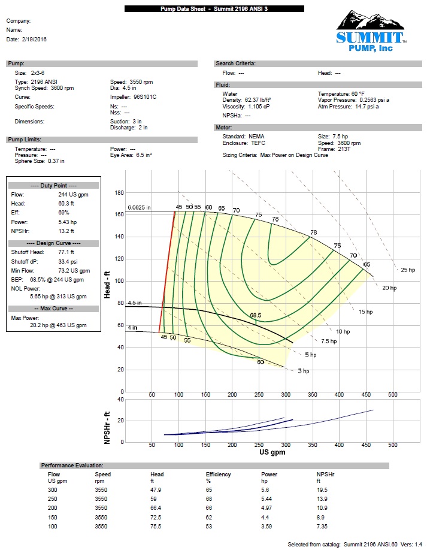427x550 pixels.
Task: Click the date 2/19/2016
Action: pyautogui.click(x=35, y=39)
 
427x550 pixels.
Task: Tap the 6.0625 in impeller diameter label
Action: pyautogui.click(x=139, y=208)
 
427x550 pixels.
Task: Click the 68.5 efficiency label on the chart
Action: pyautogui.click(x=256, y=315)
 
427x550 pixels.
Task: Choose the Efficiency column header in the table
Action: pyautogui.click(x=218, y=475)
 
